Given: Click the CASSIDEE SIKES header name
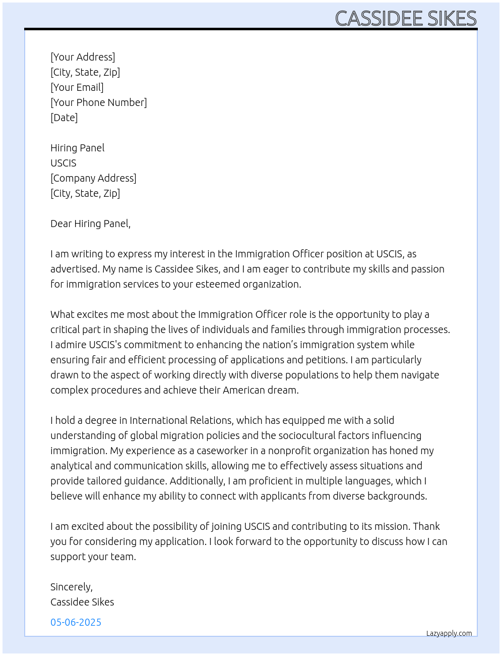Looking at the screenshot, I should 406,19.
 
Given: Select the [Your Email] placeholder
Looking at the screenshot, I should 77,87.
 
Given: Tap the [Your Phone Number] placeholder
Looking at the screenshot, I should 99,102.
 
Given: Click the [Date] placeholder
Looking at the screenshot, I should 64,118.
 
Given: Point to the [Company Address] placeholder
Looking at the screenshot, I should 93,178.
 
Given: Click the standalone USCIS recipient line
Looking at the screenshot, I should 64,163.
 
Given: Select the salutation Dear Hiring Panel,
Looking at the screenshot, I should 90,224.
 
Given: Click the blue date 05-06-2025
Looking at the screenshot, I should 76,622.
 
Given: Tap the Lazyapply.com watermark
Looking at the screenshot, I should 449,633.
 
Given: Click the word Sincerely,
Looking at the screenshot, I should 72,587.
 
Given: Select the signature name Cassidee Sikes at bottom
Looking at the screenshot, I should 82,602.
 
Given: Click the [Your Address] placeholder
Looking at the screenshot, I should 83,57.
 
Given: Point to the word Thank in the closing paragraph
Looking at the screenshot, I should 426,526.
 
